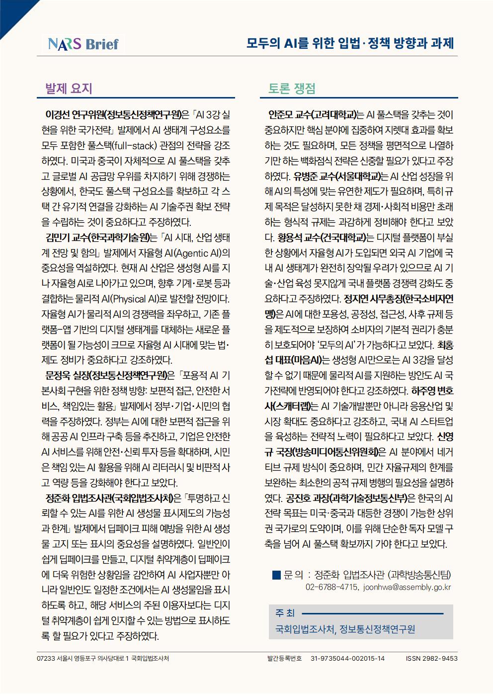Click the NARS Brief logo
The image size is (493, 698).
pyautogui.click(x=83, y=44)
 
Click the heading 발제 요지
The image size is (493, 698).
pyautogui.click(x=69, y=89)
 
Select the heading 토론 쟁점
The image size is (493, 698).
pyautogui.click(x=291, y=89)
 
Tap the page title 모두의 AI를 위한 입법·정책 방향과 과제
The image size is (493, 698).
pyautogui.click(x=350, y=43)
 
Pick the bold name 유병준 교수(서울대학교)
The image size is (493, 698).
pyautogui.click(x=340, y=177)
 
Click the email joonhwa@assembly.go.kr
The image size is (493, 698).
pyautogui.click(x=408, y=587)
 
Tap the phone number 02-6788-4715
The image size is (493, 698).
pyautogui.click(x=331, y=587)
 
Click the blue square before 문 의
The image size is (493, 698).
pyautogui.click(x=276, y=575)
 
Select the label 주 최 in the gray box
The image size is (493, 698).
pyautogui.click(x=285, y=613)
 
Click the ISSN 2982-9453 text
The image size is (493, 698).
pyautogui.click(x=431, y=658)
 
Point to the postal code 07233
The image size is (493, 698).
pyautogui.click(x=46, y=658)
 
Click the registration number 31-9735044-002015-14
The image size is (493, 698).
pyautogui.click(x=347, y=658)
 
